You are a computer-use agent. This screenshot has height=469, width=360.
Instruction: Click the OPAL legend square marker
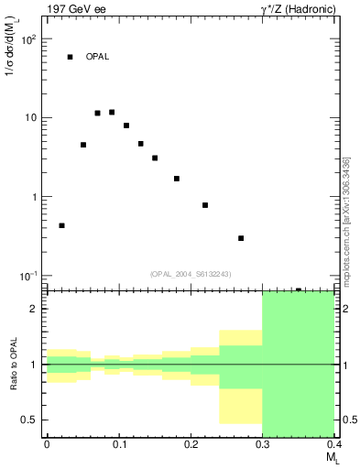point(70,57)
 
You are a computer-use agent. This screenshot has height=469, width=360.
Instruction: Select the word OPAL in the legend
point(97,57)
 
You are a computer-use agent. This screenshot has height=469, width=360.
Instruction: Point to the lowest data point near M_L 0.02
point(61,225)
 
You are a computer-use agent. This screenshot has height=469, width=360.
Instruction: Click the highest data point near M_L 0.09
point(112,112)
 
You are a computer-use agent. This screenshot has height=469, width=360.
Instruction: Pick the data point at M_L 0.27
point(241,238)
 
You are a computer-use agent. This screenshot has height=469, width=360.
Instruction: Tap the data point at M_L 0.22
point(205,205)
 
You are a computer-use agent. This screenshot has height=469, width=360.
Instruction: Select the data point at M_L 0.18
point(176,179)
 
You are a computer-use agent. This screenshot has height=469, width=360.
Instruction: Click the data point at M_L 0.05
point(83,145)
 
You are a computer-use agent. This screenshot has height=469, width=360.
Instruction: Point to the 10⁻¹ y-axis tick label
point(27,277)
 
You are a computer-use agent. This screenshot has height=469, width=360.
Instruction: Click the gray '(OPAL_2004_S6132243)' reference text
point(191,273)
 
